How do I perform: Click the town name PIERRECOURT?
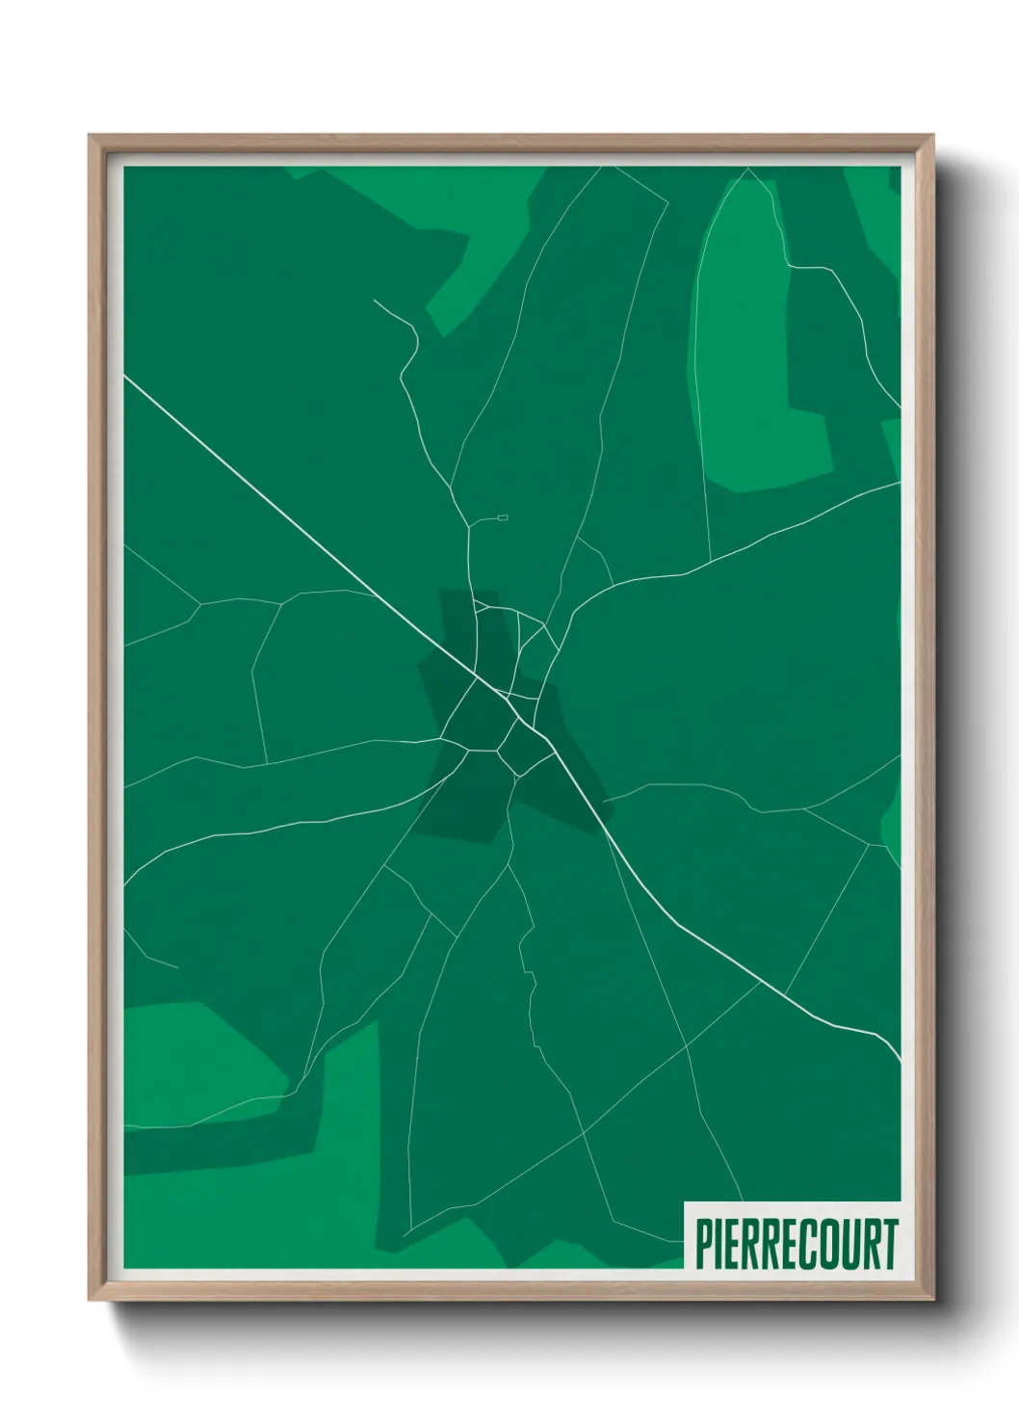[x=796, y=1244]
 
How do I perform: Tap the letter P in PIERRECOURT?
[x=703, y=1244]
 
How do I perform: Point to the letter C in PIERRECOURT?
[x=811, y=1244]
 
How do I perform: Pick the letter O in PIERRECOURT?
[x=831, y=1244]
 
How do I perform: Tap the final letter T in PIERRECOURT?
[x=890, y=1244]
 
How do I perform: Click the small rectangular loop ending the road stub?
[x=503, y=518]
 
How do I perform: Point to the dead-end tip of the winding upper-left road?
[x=374, y=301]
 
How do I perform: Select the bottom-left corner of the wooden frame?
[x=91, y=1297]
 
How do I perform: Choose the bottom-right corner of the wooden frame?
[x=931, y=1297]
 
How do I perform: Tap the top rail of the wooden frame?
[x=510, y=142]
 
